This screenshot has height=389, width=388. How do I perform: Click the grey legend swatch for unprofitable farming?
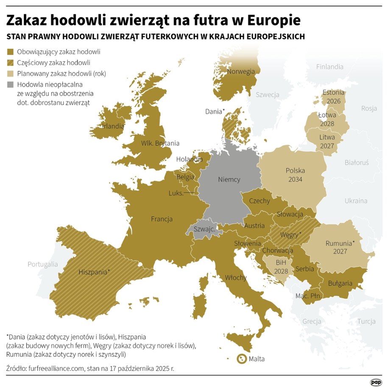(10, 84)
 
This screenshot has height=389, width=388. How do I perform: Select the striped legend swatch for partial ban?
(10, 63)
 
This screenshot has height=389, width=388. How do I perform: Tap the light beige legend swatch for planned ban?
(10, 73)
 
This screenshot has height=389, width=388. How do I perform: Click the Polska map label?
(295, 171)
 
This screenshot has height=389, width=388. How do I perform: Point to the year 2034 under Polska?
(295, 179)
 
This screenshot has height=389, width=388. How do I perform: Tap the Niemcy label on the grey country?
(229, 179)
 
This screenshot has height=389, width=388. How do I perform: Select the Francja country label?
(162, 219)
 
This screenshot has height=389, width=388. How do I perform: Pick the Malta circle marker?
(241, 359)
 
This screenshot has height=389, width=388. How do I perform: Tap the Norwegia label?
(241, 71)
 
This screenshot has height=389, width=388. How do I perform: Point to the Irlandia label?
(113, 126)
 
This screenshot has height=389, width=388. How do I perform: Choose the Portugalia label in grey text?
(42, 264)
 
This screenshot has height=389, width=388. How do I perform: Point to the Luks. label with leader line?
(176, 193)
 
